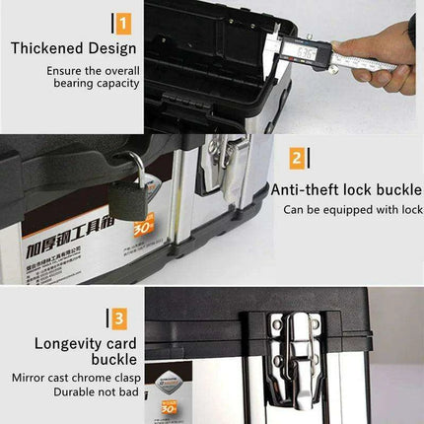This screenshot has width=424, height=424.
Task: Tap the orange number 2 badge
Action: click(296, 158)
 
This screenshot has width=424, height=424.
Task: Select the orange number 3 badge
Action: click(117, 318)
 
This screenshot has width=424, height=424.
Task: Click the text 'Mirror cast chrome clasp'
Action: click(76, 378)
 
